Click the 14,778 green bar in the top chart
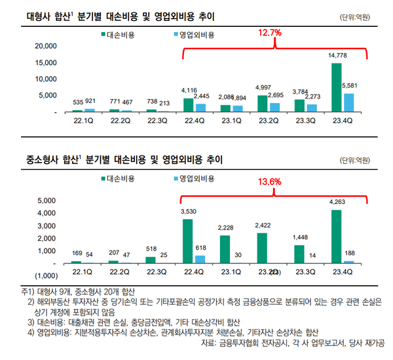(x=336, y=88)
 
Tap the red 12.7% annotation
(x=269, y=32)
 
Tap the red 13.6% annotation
(x=269, y=182)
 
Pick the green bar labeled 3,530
(x=188, y=241)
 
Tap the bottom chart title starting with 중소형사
(x=120, y=159)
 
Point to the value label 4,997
(x=263, y=87)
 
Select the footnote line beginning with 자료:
(x=293, y=343)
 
